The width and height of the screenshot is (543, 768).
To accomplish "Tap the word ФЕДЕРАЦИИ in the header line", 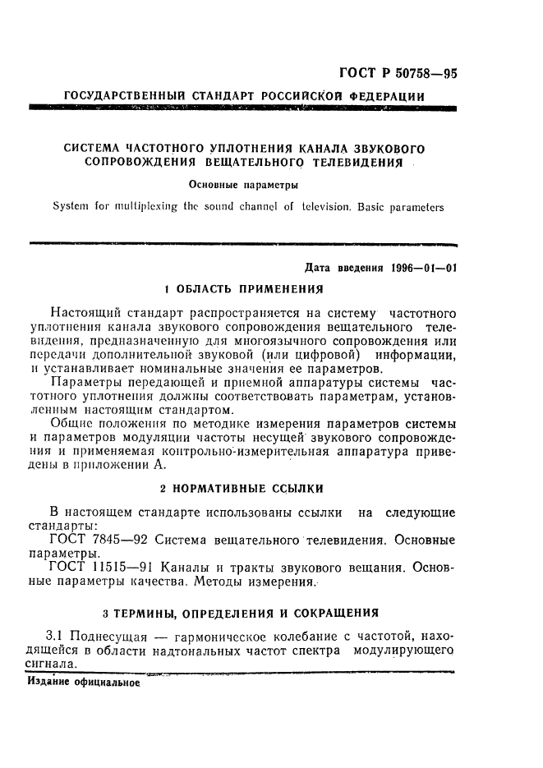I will (x=386, y=97).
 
